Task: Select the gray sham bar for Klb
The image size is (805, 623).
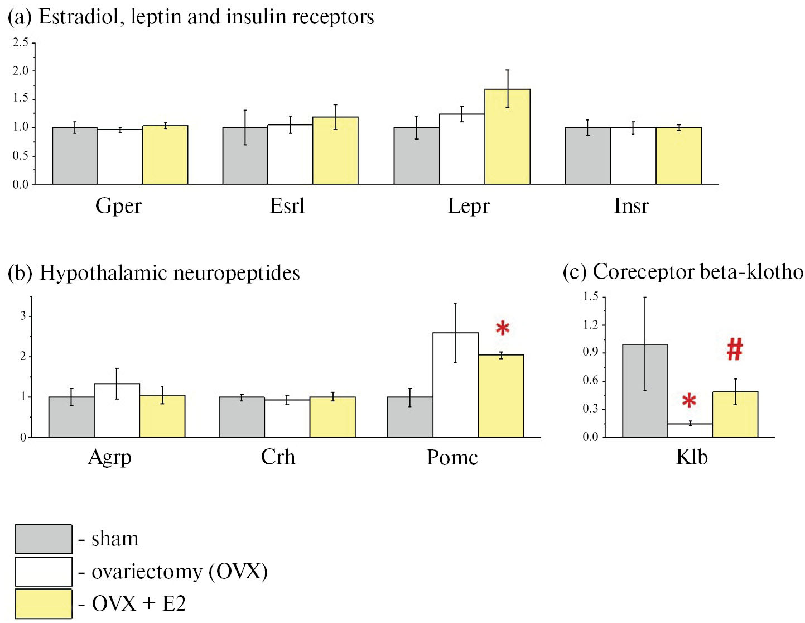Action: click(644, 391)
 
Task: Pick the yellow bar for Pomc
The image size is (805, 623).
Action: click(500, 396)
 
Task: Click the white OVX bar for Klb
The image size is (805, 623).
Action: click(690, 430)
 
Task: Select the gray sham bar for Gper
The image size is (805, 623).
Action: click(75, 156)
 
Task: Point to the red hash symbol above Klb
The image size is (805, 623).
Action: click(735, 350)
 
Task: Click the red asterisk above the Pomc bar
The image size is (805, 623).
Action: click(503, 328)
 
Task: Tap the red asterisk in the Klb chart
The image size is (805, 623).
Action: click(689, 401)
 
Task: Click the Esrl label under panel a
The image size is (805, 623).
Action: click(287, 206)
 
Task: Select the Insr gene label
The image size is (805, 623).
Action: click(631, 206)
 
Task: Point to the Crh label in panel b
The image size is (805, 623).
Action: click(278, 457)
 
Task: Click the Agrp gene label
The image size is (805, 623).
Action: click(110, 458)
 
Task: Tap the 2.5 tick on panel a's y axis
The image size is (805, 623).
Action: click(21, 42)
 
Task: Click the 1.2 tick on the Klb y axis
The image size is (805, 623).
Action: click(590, 325)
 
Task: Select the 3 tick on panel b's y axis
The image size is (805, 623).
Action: click(23, 316)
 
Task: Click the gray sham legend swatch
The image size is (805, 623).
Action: click(44, 539)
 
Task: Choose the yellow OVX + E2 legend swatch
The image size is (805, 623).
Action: click(44, 603)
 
